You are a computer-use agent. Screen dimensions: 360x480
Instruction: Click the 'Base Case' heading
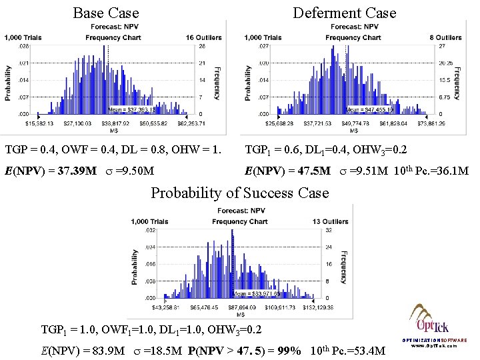point(106,13)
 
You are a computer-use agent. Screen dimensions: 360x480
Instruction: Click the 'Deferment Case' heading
point(345,13)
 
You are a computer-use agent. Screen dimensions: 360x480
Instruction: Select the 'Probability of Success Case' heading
point(240,193)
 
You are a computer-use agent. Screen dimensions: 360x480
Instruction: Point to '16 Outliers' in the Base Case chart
point(204,37)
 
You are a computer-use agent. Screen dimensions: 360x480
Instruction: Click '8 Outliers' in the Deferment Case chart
point(446,37)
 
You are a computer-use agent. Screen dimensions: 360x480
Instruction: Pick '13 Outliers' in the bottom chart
point(329,221)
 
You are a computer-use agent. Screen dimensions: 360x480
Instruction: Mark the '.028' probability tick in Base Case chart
point(23,47)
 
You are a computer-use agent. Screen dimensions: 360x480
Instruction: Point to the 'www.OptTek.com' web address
point(434,346)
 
